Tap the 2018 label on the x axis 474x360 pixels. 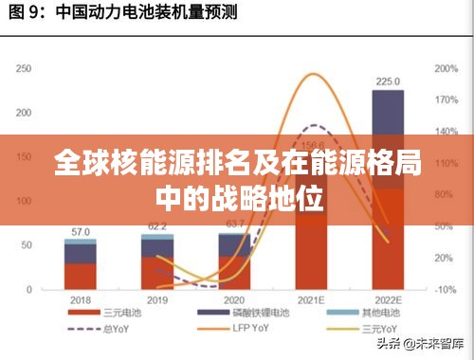(x=80, y=298)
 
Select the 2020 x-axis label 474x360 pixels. (x=233, y=298)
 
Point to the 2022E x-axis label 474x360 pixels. (x=387, y=298)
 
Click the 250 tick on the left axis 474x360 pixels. (x=24, y=68)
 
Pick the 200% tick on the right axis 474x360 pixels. (x=446, y=68)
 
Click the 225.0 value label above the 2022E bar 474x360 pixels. (x=387, y=81)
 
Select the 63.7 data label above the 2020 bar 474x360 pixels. (x=233, y=224)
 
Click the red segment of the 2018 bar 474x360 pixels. (x=80, y=275)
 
